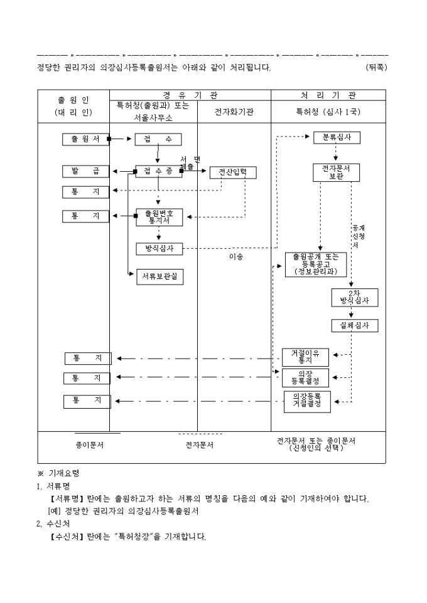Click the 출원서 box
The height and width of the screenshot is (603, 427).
pos(85,139)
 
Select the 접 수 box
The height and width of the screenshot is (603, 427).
pos(158,139)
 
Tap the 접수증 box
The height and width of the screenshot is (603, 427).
pos(158,171)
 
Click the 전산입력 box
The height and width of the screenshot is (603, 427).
pos(233,172)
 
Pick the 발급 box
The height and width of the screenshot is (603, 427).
pos(85,171)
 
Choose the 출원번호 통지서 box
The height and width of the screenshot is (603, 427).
pos(159,217)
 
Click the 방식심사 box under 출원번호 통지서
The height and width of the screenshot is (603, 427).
pos(159,249)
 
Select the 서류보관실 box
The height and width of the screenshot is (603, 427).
pos(160,278)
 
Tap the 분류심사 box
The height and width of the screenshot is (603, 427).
pos(337,137)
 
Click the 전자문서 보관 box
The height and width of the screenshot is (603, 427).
pos(337,172)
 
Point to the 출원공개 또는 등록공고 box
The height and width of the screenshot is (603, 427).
pos(311,264)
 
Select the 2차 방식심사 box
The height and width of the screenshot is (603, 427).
pos(355,297)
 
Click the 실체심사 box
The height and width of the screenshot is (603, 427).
pos(355,326)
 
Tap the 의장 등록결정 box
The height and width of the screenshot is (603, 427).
pos(305,377)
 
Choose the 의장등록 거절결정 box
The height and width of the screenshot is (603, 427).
pos(306,401)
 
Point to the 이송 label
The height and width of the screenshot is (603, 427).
pos(235,256)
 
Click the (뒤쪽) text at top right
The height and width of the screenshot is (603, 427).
pos(376,67)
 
